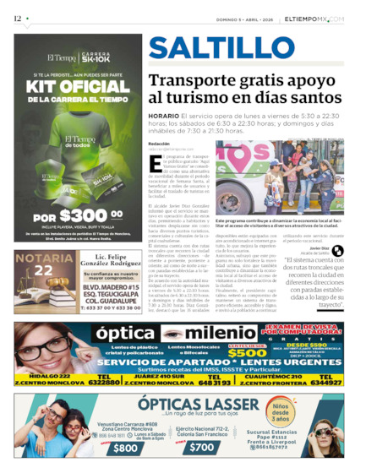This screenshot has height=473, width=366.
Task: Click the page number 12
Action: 18,18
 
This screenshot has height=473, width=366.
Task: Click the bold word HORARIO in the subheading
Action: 163,116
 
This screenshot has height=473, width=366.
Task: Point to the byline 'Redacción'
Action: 159,144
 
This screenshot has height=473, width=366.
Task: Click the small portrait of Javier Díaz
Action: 337,250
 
